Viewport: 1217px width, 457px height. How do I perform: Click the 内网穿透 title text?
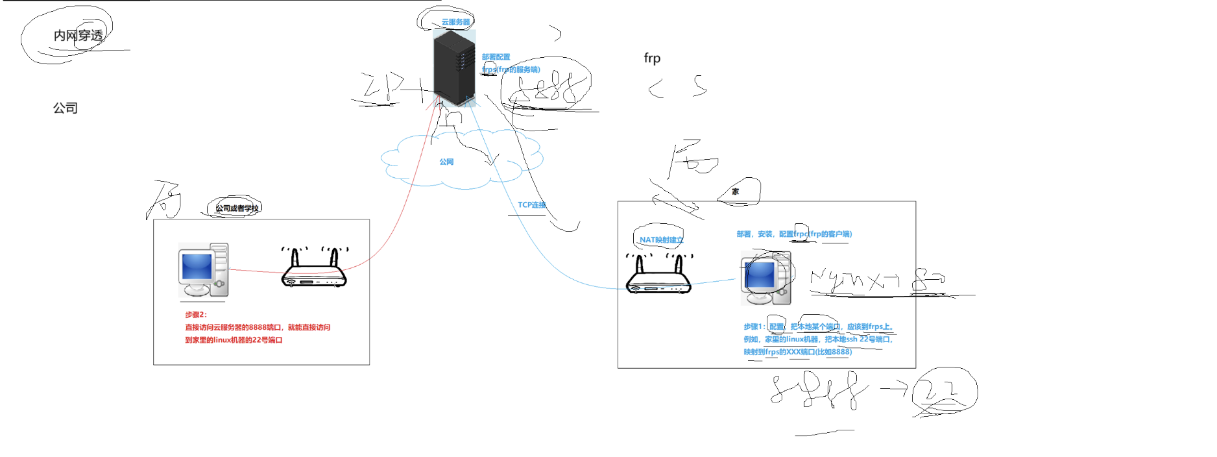[78, 36]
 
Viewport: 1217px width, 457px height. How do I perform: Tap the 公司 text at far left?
[65, 108]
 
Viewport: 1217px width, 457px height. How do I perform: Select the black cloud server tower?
[454, 68]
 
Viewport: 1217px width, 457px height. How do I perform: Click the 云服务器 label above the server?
[455, 22]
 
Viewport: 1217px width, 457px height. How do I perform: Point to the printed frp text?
[652, 58]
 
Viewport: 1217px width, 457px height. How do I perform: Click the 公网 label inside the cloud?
[446, 162]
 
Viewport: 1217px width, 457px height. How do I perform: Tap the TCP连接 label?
[531, 205]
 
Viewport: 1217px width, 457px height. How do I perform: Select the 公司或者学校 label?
[237, 208]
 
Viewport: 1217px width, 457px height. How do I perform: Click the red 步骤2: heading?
[196, 315]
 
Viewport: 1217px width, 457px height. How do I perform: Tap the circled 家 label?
[735, 191]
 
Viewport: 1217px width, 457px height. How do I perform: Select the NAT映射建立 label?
[661, 240]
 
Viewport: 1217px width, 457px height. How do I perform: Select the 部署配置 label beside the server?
[496, 57]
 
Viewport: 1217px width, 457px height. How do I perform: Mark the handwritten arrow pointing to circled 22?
[894, 388]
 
